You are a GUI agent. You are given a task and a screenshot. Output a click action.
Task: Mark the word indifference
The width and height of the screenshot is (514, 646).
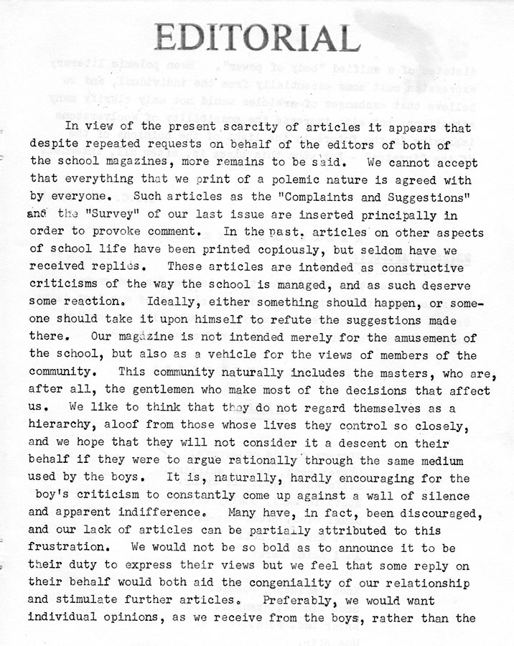click(144, 512)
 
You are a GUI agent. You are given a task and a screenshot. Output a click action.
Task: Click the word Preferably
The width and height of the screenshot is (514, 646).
click(299, 600)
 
